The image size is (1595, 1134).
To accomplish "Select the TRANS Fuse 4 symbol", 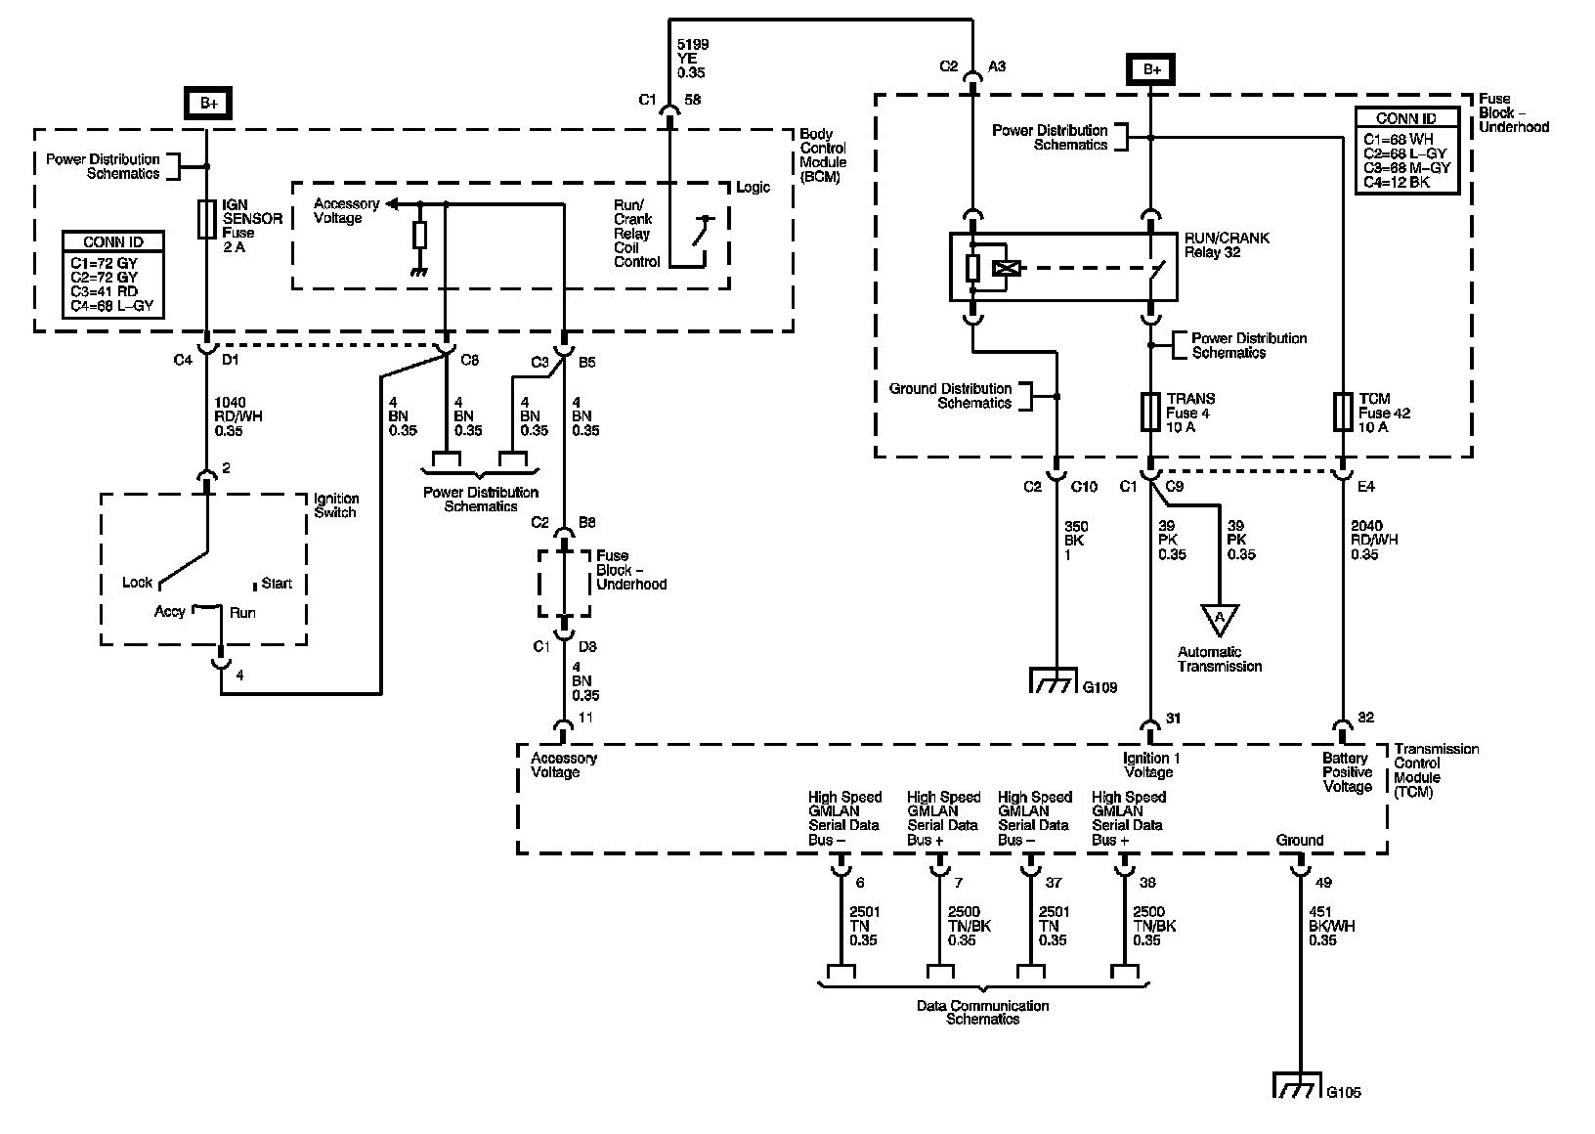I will (x=1150, y=412).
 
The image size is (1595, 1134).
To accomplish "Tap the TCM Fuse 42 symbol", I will (x=1343, y=412).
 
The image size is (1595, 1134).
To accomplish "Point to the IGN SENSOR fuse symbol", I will (x=206, y=219).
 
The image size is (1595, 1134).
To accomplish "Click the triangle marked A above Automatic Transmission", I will (x=1219, y=619).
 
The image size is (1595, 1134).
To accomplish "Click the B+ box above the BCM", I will (x=206, y=104).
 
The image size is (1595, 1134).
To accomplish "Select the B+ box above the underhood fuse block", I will (x=1150, y=69).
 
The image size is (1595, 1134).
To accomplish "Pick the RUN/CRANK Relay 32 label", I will (x=1227, y=244).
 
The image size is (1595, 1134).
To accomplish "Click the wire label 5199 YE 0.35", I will (x=692, y=59).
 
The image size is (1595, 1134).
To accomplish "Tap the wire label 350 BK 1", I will (x=1075, y=541).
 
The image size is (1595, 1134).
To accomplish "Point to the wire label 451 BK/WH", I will (x=1331, y=926).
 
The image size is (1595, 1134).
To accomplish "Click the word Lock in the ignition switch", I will (x=138, y=583).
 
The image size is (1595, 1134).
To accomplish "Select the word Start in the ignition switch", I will (x=276, y=584).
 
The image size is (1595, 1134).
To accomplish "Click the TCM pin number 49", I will (x=1322, y=883).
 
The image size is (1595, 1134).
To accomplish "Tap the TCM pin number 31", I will (x=1173, y=719).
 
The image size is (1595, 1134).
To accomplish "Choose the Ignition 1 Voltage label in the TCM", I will (x=1148, y=764).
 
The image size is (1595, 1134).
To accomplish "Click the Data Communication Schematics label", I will (x=982, y=1012).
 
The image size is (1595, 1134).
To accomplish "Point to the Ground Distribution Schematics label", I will (x=950, y=396).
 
